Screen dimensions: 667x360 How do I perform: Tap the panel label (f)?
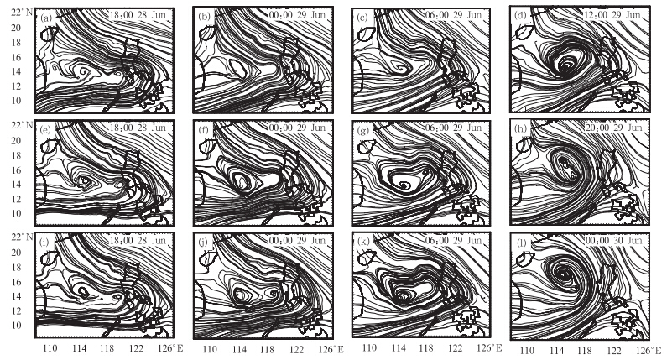pos(204,131)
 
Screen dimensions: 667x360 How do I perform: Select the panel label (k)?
pos(362,243)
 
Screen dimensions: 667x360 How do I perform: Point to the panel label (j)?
pos(204,243)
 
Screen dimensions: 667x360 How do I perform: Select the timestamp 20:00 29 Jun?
pos(612,128)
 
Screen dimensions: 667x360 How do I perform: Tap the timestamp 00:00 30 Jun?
pos(612,240)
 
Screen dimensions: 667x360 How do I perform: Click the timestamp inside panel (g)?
pos(453,128)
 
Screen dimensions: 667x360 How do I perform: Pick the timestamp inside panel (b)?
pos(297,15)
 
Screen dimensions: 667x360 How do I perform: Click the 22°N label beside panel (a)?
pos(22,13)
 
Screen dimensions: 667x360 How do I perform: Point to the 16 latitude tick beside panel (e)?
pos(16,170)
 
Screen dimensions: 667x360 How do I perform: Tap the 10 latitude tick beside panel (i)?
pos(16,325)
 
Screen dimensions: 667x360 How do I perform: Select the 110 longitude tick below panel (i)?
pos(50,348)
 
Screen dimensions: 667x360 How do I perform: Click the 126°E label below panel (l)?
pos(648,350)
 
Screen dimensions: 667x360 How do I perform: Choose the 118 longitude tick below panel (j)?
pos(267,349)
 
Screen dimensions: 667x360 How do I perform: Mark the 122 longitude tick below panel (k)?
pos(455,347)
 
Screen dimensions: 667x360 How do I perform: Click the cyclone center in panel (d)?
pos(566,65)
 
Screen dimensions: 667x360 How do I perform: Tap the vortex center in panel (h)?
pos(564,163)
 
